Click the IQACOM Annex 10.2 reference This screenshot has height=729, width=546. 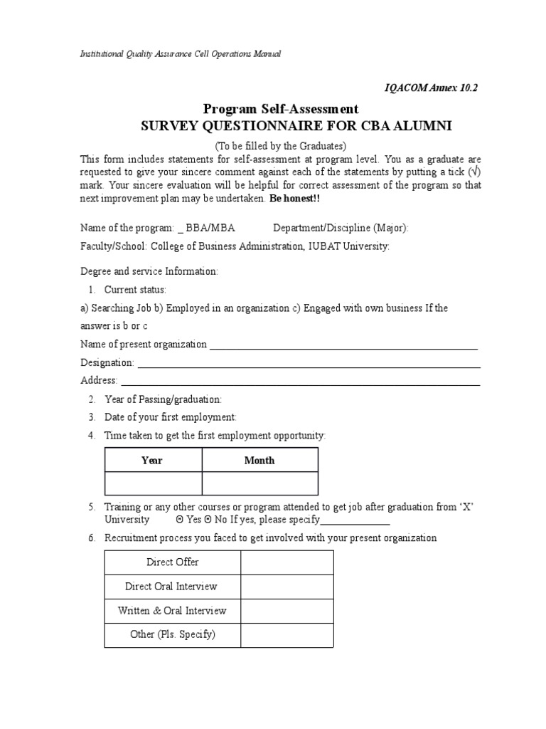pos(431,88)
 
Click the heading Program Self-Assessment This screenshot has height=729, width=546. pos(281,109)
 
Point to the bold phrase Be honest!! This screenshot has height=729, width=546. pos(295,199)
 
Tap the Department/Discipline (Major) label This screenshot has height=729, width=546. pos(341,228)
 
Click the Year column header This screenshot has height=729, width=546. pos(152,461)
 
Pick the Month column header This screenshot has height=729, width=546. pos(259,461)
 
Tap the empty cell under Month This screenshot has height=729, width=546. pos(259,483)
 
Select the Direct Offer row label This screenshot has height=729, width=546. pos(172,562)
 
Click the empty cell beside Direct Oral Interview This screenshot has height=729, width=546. pos(287,587)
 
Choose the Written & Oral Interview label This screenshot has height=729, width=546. pos(172,611)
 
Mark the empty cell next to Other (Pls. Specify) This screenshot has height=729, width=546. pos(287,634)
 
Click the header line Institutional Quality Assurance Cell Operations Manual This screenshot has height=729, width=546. pos(180,54)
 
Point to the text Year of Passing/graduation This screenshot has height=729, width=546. pos(163,399)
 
